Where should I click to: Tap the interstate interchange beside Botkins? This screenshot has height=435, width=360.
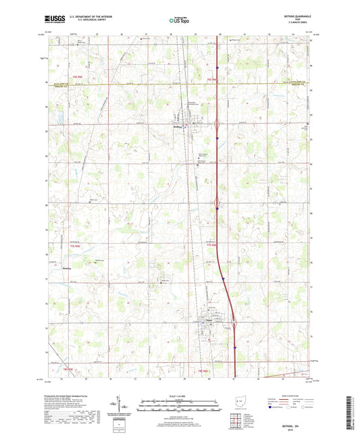pos(217,124)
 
